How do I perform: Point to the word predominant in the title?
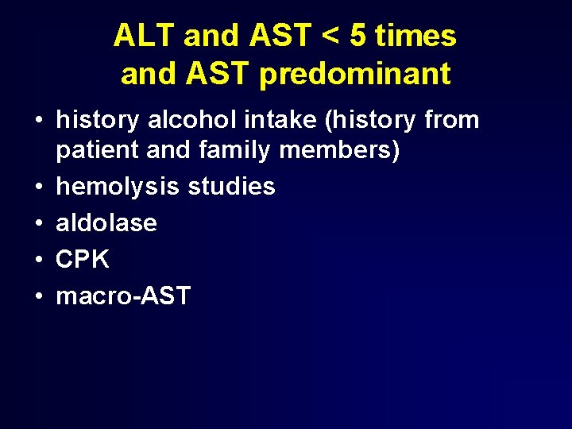point(354,74)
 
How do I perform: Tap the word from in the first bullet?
point(452,120)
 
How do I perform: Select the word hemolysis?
point(118,187)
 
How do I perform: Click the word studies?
point(231,187)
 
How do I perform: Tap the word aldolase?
point(106,222)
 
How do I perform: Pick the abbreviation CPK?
point(82,259)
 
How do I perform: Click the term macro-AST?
point(123,296)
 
